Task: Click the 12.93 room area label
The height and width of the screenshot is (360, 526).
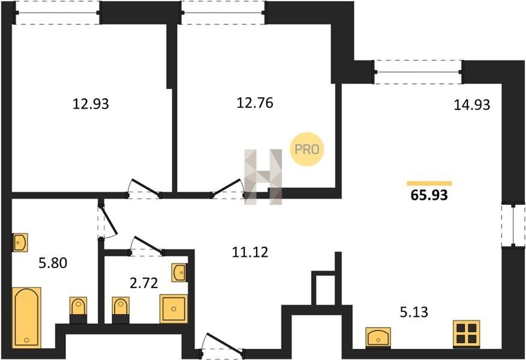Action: click(x=91, y=104)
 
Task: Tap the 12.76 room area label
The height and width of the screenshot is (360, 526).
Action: click(x=255, y=103)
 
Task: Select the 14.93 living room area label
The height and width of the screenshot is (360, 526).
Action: click(x=472, y=104)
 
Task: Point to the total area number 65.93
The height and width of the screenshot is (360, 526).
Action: click(x=429, y=195)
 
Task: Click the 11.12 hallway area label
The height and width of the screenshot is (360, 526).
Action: click(x=250, y=252)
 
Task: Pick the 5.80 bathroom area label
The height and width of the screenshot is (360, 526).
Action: click(x=53, y=263)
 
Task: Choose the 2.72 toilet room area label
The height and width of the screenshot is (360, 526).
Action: click(x=143, y=283)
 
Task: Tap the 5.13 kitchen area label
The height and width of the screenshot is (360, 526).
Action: click(x=414, y=312)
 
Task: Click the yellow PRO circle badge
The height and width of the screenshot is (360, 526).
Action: click(x=306, y=149)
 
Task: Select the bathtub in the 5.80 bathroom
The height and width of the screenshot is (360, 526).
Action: click(x=26, y=317)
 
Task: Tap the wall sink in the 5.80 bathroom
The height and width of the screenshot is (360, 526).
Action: click(x=20, y=242)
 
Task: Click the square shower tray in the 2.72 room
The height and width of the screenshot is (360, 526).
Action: click(x=173, y=308)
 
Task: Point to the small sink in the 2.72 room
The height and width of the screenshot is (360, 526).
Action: click(x=179, y=272)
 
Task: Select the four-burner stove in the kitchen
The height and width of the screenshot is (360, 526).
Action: click(x=466, y=334)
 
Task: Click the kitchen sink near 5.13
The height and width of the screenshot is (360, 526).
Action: click(x=378, y=338)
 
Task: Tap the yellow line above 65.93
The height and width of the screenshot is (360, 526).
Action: click(x=429, y=183)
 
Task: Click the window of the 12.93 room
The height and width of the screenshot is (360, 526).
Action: click(x=58, y=13)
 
